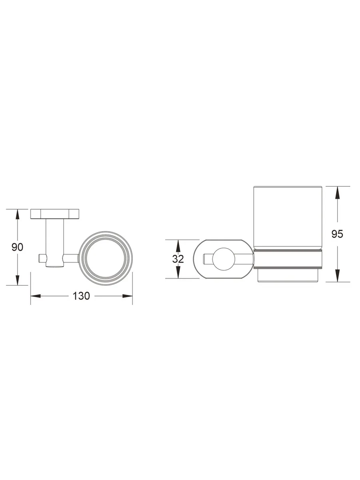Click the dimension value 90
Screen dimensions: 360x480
point(17,247)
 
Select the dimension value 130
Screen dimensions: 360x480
point(81,296)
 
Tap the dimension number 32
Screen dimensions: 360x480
point(178,259)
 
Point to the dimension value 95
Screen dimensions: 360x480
point(337,234)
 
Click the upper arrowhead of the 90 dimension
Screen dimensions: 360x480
point(17,214)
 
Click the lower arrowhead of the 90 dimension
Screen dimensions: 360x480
point(17,280)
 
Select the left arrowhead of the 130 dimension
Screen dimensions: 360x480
point(36,296)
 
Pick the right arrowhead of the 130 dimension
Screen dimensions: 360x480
point(128,296)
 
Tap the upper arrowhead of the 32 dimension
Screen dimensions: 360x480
point(178,245)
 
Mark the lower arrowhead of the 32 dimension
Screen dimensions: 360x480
point(178,273)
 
